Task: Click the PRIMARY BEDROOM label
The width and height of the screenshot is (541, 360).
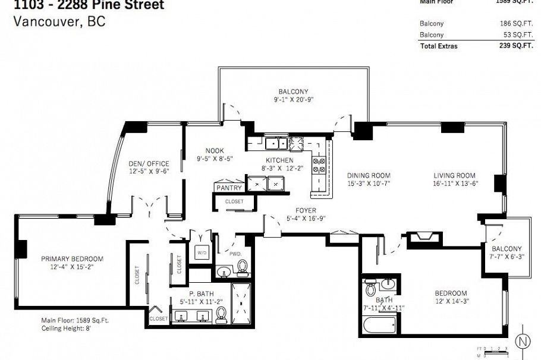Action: pyautogui.click(x=72, y=259)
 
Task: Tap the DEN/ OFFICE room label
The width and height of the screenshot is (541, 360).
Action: pyautogui.click(x=149, y=164)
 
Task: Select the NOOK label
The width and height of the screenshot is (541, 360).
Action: pyautogui.click(x=215, y=151)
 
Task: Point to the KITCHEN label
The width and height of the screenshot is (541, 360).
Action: pyautogui.click(x=279, y=160)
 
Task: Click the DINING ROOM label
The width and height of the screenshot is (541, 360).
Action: pyautogui.click(x=369, y=175)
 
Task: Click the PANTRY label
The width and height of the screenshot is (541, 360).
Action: pyautogui.click(x=229, y=188)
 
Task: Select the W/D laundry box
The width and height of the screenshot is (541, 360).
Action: pyautogui.click(x=200, y=251)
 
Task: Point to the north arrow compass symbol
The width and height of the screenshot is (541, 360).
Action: pyautogui.click(x=523, y=342)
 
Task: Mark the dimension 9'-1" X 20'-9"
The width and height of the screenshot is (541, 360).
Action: pyautogui.click(x=294, y=100)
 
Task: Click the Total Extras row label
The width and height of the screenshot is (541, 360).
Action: pyautogui.click(x=439, y=46)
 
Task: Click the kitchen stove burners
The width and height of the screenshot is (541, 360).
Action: pyautogui.click(x=319, y=165)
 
